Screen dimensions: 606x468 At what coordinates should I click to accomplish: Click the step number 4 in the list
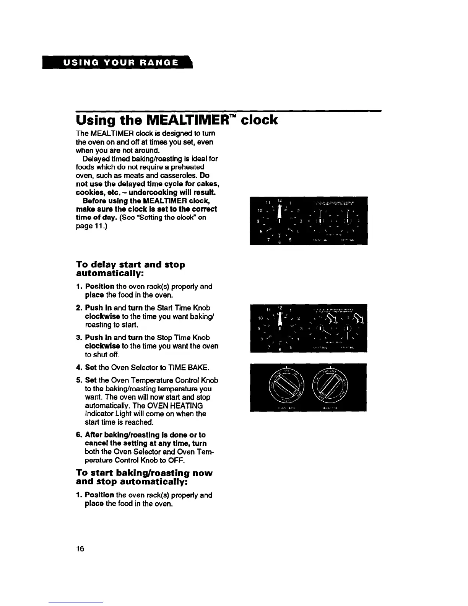78,368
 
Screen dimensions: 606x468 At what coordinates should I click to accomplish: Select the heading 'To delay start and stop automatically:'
131,269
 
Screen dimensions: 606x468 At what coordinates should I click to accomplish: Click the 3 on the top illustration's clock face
301,221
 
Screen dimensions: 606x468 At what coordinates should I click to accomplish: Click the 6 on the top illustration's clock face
279,242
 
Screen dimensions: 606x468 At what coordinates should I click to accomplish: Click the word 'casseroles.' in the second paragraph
181,176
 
